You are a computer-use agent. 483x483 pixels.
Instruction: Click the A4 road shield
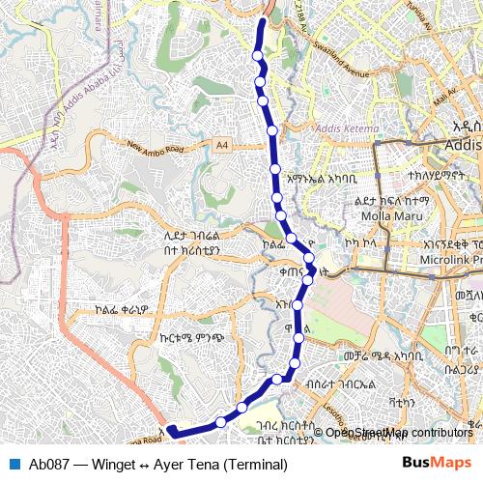coord(223,146)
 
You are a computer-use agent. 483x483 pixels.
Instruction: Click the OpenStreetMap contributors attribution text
coord(399,432)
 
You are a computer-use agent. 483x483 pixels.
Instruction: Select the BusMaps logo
coord(436,464)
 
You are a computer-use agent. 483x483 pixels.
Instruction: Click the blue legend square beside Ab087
coord(14,464)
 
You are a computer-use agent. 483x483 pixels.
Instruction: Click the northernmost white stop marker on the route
coord(257,56)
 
